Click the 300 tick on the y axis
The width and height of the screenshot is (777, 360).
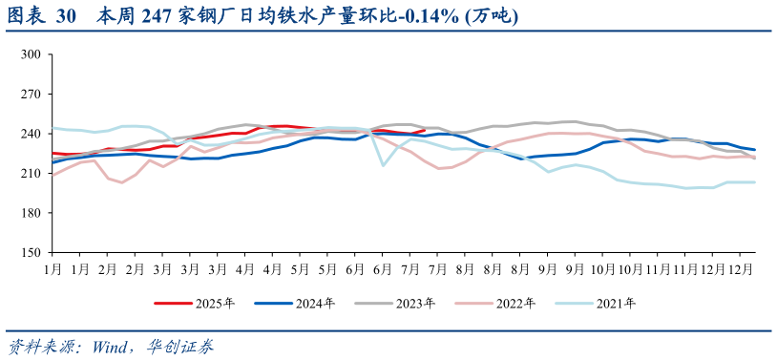coord(31,54)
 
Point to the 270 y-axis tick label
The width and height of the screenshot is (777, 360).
coord(31,95)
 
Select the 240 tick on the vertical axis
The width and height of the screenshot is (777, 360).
coord(31,134)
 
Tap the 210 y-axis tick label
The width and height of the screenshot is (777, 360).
coord(31,174)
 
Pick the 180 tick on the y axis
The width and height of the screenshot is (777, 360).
coord(31,213)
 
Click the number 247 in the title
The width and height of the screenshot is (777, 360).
coord(147,16)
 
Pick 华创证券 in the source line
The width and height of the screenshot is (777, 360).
coord(181,346)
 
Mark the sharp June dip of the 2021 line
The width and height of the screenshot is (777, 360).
coord(384,165)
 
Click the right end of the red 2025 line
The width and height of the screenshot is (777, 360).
coord(424,130)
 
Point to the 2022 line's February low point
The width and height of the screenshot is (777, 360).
coord(122,182)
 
